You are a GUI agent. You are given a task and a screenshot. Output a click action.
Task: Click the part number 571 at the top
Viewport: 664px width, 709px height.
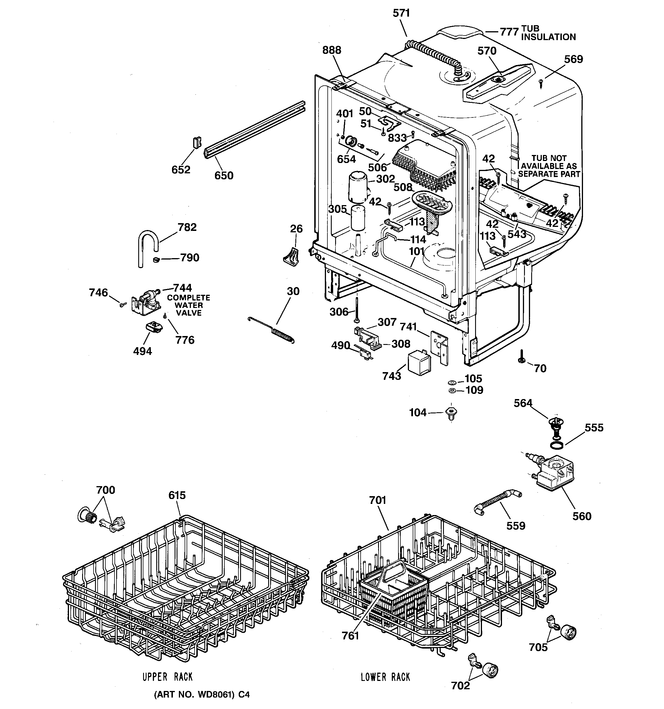(401, 13)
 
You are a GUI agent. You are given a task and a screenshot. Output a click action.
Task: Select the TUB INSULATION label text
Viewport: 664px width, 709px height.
(548, 33)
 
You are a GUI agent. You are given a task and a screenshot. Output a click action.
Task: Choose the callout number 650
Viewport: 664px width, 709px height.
(224, 176)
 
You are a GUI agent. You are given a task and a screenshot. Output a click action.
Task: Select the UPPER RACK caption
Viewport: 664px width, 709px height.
(167, 677)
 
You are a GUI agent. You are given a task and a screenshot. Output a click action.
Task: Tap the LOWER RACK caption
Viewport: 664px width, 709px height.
(385, 677)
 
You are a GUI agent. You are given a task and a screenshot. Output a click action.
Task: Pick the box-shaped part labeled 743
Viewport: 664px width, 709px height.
(420, 362)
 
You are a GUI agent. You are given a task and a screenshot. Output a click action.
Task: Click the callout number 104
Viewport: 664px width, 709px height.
(418, 413)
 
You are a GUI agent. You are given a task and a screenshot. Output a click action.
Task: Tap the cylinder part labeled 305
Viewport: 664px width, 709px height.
(358, 218)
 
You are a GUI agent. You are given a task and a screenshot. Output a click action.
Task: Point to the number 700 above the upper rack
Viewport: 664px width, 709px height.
(106, 490)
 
